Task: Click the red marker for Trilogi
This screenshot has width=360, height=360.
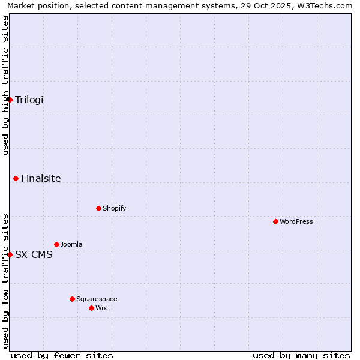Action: (10, 100)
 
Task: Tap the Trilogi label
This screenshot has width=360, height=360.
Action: (29, 100)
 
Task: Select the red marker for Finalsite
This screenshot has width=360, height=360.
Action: (16, 178)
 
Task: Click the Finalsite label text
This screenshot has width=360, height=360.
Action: (41, 178)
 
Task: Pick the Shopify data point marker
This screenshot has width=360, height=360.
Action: (98, 208)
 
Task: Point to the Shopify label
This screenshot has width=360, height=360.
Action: (114, 208)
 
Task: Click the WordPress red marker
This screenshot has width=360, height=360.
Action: (275, 221)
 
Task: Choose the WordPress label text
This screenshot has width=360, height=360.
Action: (296, 221)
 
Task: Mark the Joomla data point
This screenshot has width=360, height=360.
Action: (56, 244)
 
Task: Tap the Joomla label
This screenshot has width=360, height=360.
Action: (71, 244)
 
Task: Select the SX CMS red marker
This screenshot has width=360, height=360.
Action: (10, 254)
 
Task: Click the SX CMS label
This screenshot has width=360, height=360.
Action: (34, 254)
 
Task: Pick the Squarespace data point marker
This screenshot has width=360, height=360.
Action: (72, 299)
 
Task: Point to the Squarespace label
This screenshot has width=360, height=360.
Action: (97, 299)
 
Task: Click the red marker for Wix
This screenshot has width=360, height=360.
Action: (91, 308)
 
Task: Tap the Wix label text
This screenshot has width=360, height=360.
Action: (101, 308)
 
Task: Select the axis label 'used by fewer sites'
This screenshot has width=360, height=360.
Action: (62, 355)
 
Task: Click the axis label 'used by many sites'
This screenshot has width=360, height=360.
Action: (301, 355)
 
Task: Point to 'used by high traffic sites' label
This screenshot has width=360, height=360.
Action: (5, 85)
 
